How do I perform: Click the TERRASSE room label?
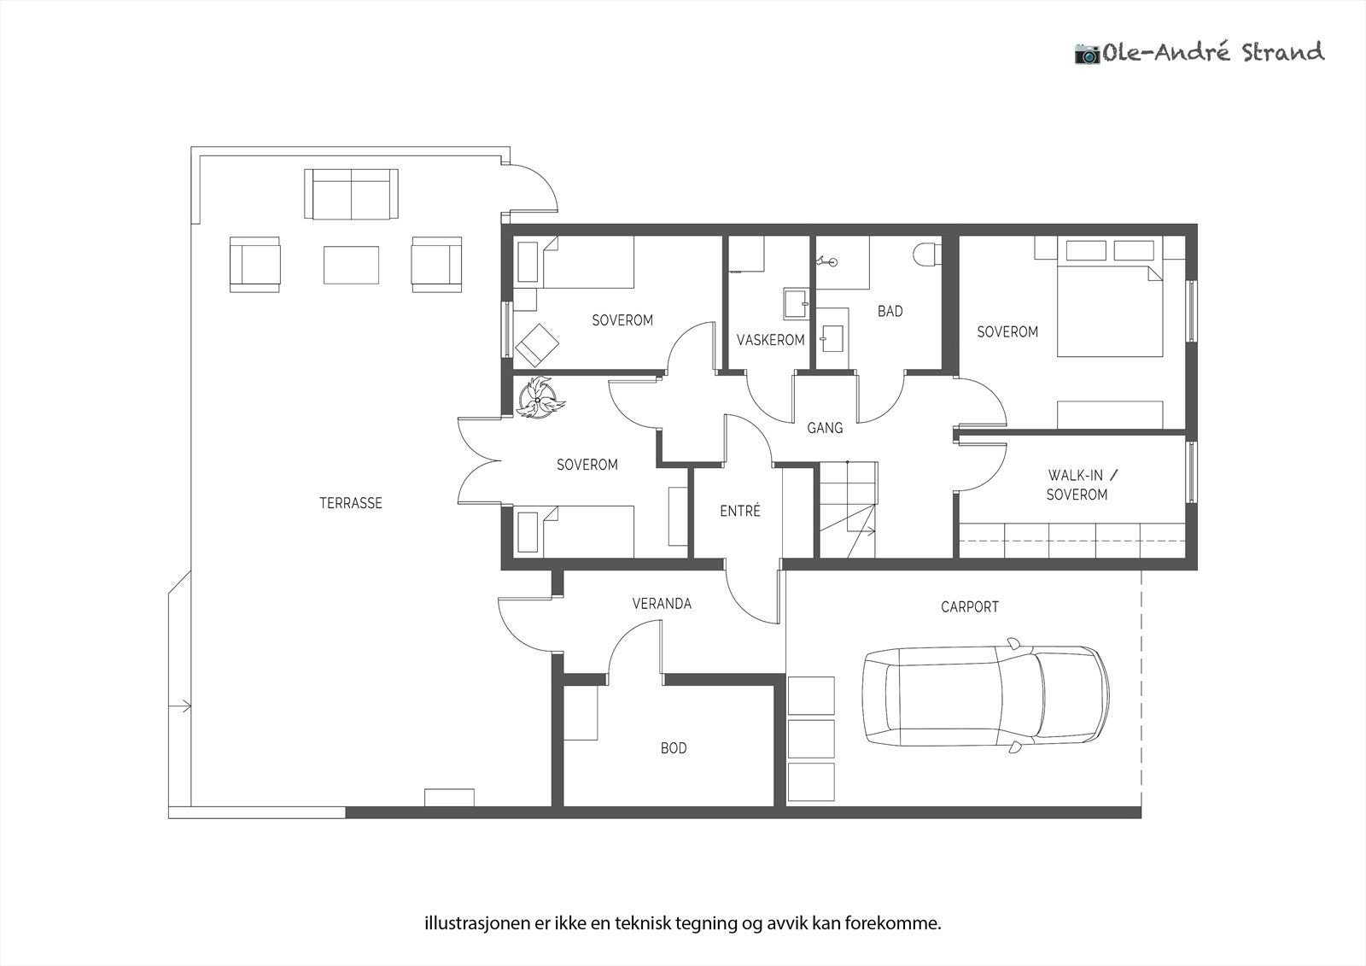click(351, 503)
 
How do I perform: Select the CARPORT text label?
click(970, 607)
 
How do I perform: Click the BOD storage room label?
click(674, 748)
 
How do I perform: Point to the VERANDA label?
click(662, 604)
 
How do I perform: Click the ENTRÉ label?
click(740, 511)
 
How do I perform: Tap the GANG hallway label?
click(825, 428)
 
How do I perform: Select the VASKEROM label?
click(771, 340)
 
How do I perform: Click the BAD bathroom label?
click(890, 311)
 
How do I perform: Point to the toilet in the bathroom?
click(927, 254)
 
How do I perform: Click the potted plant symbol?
click(539, 398)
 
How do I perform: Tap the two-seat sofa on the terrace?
click(351, 194)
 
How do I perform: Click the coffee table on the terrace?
click(351, 265)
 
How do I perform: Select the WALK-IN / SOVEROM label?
click(1077, 484)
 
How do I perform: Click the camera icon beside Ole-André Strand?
click(1087, 54)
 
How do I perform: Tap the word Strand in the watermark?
click(1283, 52)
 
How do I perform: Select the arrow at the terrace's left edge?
click(180, 706)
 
